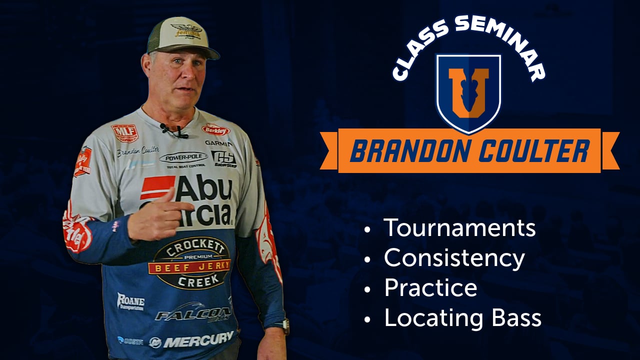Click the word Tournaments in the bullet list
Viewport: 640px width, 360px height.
[459, 228]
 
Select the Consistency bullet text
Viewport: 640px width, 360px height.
[454, 258]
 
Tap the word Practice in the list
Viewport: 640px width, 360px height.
[430, 288]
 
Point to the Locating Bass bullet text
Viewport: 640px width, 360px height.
[462, 318]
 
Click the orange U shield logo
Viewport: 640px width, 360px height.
[468, 92]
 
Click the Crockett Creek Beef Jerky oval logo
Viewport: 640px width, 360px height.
[189, 263]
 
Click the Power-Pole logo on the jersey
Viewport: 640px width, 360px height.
[183, 158]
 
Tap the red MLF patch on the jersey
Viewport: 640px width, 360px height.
[124, 133]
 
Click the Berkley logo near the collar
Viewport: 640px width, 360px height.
[215, 129]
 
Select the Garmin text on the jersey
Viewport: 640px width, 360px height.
[218, 143]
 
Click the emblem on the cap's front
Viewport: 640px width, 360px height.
[186, 31]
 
